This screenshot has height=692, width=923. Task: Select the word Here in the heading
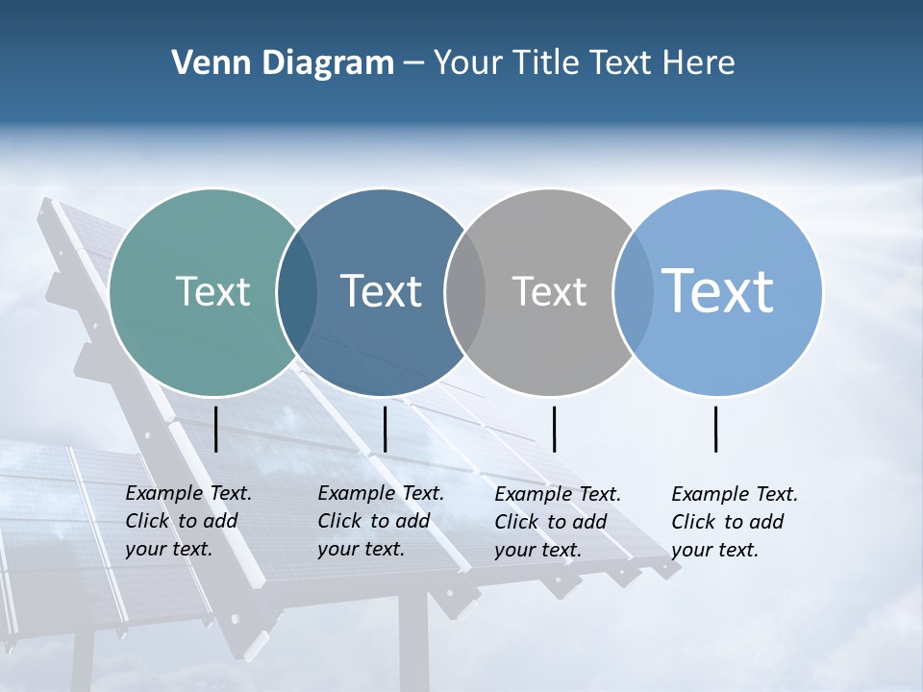coord(699,63)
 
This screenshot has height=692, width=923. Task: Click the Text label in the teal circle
coord(212,291)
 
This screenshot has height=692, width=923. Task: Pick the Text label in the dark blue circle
coord(381,291)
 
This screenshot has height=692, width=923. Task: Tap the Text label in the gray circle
coord(549,291)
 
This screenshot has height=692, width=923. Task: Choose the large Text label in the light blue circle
coord(717,290)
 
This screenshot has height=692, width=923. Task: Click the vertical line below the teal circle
coord(216,429)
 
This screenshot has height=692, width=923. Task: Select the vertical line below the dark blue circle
coord(385,429)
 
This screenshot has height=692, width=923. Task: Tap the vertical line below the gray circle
coord(554,429)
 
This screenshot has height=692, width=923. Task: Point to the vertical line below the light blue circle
coord(716,429)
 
